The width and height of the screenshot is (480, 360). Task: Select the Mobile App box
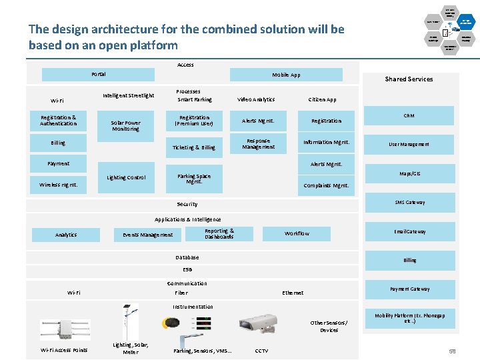286,75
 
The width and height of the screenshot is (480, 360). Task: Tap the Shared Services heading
409,79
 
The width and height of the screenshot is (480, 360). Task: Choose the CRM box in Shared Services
409,116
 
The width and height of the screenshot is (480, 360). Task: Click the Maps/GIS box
409,174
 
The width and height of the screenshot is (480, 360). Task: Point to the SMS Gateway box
409,203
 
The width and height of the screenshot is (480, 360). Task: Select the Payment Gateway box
409,289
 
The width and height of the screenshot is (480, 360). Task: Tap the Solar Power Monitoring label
125,126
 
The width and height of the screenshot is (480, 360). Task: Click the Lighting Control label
126,178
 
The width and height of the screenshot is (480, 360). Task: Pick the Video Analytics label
256,100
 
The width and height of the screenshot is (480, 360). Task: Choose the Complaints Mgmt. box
326,186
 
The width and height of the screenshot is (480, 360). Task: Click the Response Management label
258,145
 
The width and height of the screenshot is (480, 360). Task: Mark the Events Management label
147,235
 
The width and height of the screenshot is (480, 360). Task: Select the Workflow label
297,234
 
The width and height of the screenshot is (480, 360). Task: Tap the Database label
187,257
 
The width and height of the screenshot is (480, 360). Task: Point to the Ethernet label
293,293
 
